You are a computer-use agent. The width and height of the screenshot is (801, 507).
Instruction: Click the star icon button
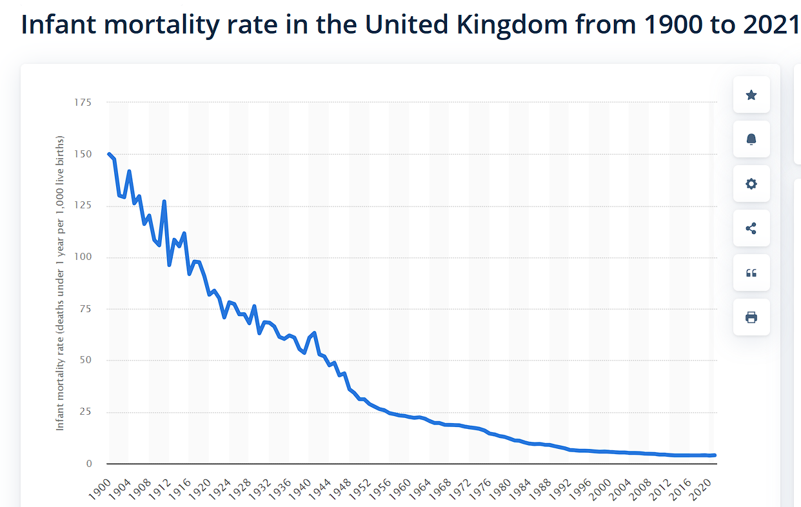(751, 95)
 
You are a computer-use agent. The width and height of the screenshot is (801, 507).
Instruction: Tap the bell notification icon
(751, 139)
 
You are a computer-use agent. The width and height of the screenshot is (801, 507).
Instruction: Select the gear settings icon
(751, 184)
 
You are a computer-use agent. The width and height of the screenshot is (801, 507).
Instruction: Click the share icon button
(751, 228)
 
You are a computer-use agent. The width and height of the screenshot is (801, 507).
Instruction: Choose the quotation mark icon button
(751, 273)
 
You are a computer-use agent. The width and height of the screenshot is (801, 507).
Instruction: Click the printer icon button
(751, 317)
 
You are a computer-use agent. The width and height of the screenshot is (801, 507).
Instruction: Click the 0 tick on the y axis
(89, 464)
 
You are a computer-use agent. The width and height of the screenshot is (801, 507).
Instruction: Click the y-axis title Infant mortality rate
(60, 283)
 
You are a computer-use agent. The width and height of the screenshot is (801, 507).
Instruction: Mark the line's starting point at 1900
(108, 154)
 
